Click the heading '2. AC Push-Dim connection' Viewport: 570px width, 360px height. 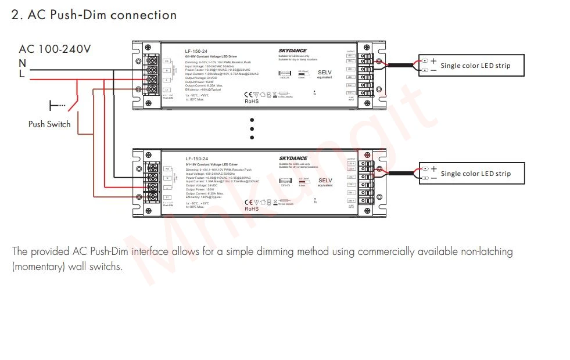[94, 15]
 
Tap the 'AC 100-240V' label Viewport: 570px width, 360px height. [55, 49]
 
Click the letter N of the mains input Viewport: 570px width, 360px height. [22, 63]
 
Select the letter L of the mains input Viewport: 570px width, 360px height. [22, 74]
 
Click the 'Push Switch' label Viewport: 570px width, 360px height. [49, 124]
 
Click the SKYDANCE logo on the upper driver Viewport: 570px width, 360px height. [293, 51]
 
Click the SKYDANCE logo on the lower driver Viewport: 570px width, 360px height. [293, 158]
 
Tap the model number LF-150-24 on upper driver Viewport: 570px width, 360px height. [196, 52]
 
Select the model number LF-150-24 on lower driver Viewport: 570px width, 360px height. [196, 159]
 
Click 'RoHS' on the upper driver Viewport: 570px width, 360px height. [251, 102]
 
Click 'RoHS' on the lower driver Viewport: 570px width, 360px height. [251, 209]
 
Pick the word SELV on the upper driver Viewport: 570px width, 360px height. [325, 73]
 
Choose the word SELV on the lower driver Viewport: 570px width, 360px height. [325, 181]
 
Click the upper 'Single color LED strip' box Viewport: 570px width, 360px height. [471, 66]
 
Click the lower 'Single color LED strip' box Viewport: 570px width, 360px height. [471, 174]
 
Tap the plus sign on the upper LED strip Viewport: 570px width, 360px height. [433, 60]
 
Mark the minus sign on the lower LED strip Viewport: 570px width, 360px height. [433, 178]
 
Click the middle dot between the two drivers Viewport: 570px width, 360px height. [252, 129]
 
